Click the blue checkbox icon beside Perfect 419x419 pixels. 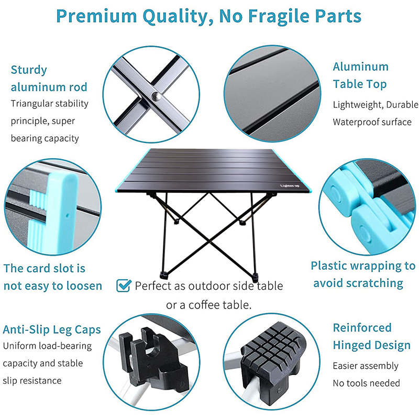pos(123,285)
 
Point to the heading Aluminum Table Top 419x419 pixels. pos(360,75)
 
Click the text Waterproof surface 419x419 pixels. pos(372,122)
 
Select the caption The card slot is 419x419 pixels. pos(45,269)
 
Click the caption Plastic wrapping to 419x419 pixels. pos(363,266)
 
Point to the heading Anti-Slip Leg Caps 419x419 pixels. pos(52,330)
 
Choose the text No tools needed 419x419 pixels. pos(366,383)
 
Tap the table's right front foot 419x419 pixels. pos(256,275)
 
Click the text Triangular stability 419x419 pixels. pos(49,103)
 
